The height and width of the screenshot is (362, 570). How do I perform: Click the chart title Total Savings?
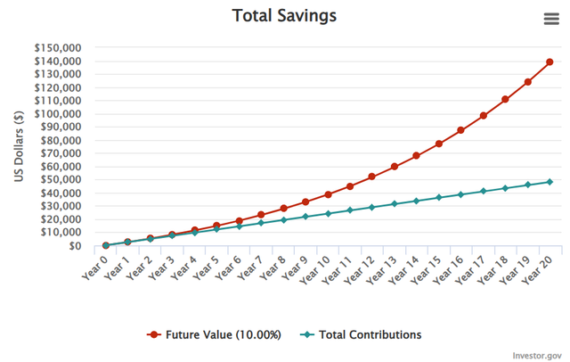point(284,16)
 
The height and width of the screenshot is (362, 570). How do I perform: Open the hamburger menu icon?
point(551,19)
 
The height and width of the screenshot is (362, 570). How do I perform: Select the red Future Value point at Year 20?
point(550,62)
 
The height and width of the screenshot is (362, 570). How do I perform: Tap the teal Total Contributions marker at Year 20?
point(550,182)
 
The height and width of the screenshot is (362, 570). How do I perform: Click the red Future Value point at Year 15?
point(438,144)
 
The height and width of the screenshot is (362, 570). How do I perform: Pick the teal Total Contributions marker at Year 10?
point(328,214)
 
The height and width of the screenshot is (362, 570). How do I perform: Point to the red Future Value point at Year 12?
point(372,177)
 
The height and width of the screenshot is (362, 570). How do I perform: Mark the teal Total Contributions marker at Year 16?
point(460,194)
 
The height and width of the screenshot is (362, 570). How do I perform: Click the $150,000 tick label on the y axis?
point(58,47)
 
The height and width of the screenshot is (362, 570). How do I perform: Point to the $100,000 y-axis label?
point(58,114)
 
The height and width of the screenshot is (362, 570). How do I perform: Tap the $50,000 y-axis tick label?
point(61,180)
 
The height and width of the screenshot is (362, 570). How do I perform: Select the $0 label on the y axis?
point(75,246)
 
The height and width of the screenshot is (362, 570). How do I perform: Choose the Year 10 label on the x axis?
point(314,269)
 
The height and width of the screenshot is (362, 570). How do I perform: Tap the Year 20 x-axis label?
point(536,269)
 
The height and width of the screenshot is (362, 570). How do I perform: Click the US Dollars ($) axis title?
point(19,146)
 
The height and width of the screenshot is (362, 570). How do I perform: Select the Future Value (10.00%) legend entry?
point(214,334)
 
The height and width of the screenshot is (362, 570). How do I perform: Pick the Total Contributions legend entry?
point(361,334)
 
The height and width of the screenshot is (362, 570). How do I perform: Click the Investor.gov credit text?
point(537,356)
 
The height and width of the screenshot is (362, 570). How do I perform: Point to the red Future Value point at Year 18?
point(505,99)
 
